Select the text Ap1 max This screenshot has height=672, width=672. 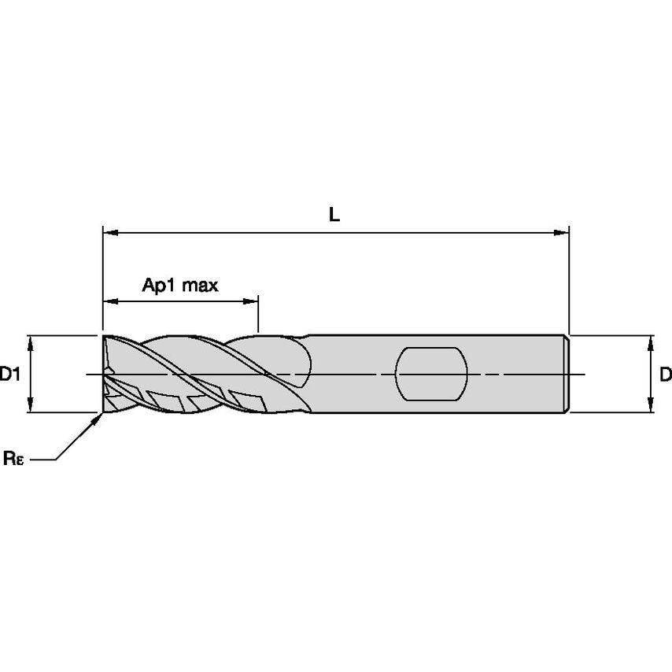click(x=179, y=284)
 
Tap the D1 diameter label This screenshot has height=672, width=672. click(x=9, y=375)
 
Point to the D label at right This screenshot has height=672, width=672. click(x=665, y=375)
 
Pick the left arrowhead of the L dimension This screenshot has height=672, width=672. click(x=109, y=233)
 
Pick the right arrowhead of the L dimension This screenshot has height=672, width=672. click(x=562, y=233)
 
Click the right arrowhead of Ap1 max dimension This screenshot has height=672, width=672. click(x=252, y=301)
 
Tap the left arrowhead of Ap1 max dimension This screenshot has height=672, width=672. click(x=109, y=301)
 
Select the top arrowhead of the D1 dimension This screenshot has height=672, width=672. click(x=31, y=341)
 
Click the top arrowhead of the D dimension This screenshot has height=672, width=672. click(x=651, y=341)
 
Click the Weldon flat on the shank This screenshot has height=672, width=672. click(x=430, y=374)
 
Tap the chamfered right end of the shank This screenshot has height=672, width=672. click(x=567, y=374)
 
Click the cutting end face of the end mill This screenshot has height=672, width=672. click(x=104, y=374)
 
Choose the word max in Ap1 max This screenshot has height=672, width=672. click(x=200, y=284)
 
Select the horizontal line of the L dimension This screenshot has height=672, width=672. click(x=334, y=233)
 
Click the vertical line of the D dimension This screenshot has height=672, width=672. click(x=651, y=374)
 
